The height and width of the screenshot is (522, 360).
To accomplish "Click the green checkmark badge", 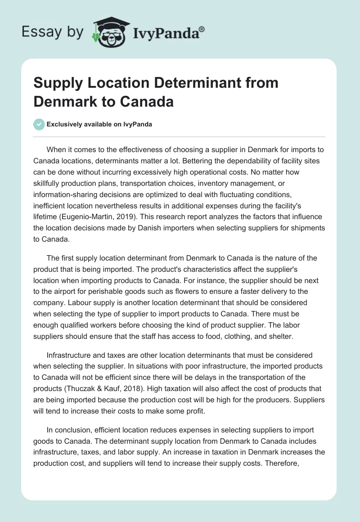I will [39, 124].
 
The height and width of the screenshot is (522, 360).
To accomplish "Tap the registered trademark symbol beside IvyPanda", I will [202, 29].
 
